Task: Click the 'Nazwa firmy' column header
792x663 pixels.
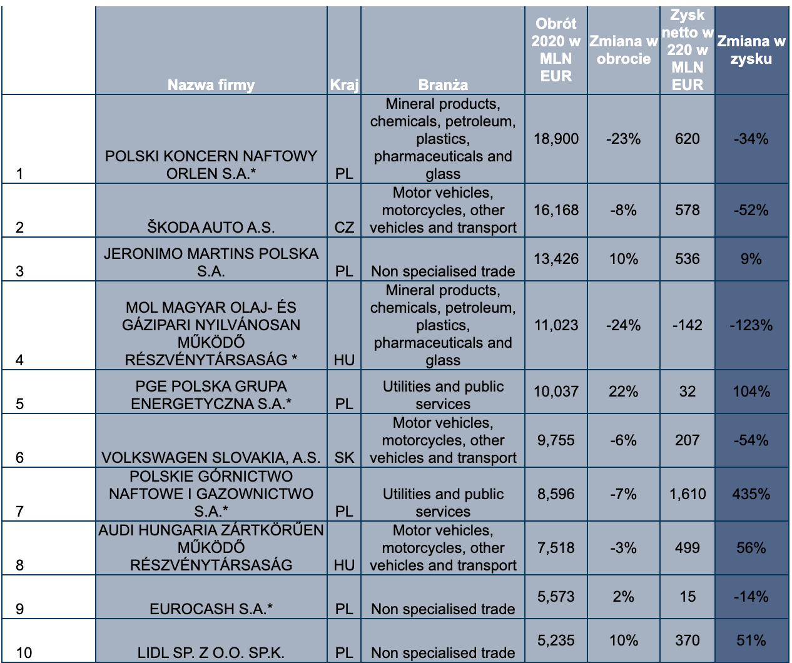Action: [211, 85]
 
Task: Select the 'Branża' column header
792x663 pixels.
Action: [443, 85]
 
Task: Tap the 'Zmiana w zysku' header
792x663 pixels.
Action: [751, 50]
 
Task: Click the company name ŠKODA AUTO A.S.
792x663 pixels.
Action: [211, 227]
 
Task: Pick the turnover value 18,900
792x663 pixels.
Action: [556, 139]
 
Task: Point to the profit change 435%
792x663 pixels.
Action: [751, 494]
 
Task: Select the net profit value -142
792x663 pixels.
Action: [687, 325]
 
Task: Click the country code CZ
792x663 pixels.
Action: [344, 227]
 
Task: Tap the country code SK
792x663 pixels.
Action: [344, 457]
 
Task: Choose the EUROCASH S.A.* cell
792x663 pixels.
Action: [211, 609]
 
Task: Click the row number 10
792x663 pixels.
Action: [24, 653]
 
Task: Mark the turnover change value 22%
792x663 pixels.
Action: [623, 392]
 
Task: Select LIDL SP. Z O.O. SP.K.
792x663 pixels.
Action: [211, 653]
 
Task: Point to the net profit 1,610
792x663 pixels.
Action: [687, 494]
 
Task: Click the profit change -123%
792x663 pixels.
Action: [751, 325]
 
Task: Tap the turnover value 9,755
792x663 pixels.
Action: [556, 440]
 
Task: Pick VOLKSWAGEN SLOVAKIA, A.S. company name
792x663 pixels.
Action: [211, 457]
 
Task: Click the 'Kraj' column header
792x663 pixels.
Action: [344, 85]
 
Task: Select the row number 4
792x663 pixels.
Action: [20, 360]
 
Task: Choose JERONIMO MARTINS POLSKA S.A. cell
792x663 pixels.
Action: [211, 262]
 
